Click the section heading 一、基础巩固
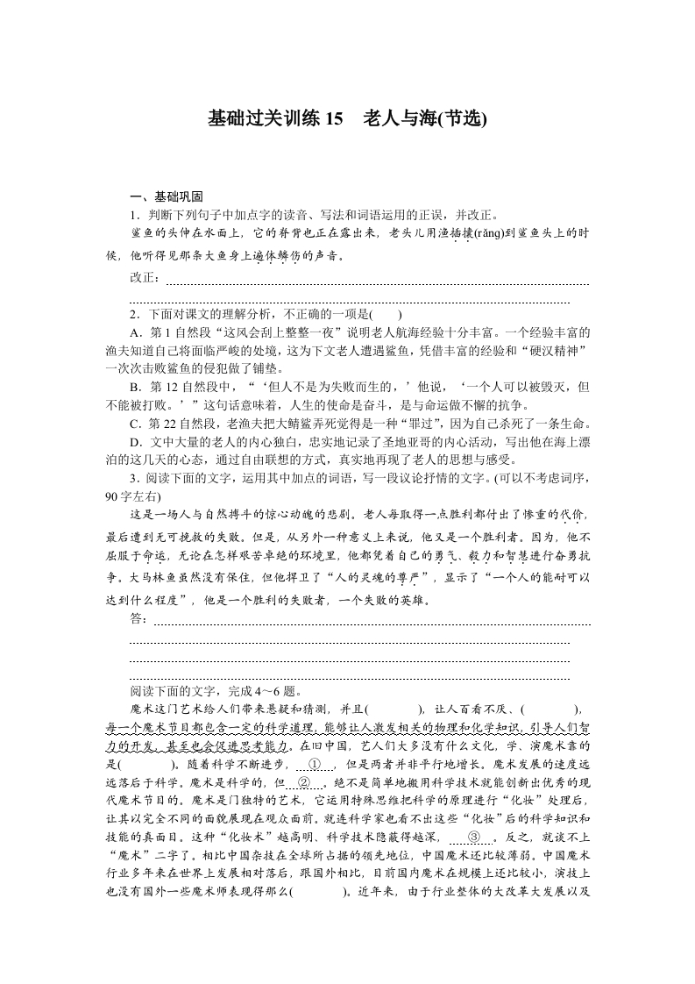click(x=166, y=196)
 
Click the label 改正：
click(x=145, y=278)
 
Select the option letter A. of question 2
click(x=135, y=333)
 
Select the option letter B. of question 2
click(x=135, y=387)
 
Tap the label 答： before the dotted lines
click(x=139, y=619)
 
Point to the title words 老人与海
click(x=402, y=118)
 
